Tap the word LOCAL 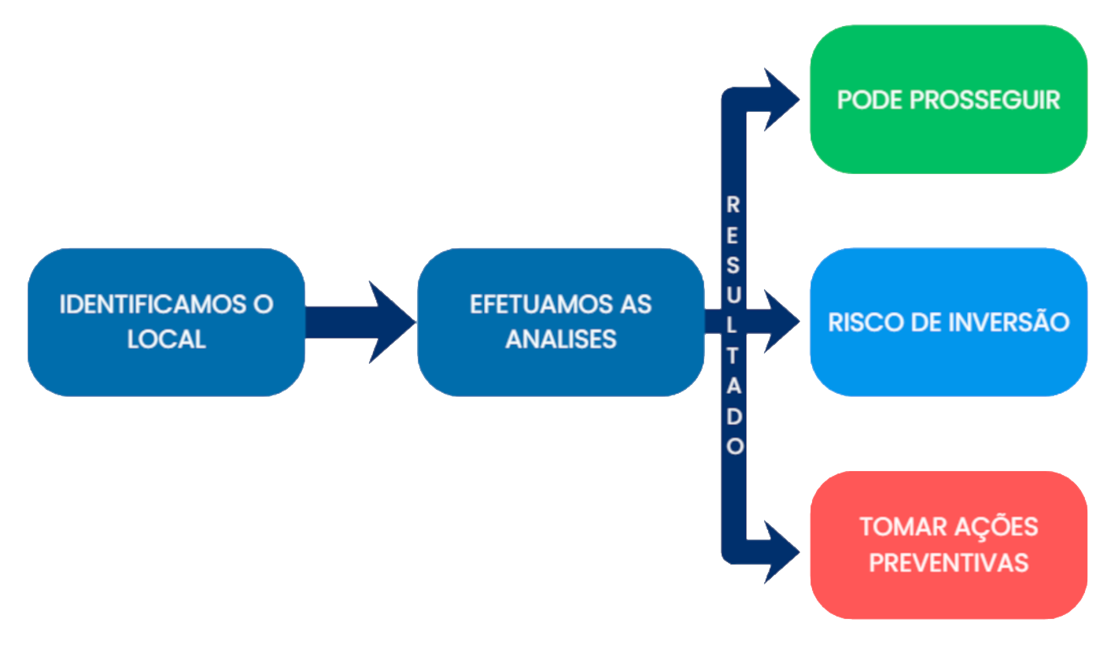point(166,339)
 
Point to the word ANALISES point(560,339)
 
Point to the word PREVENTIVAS point(949,562)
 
